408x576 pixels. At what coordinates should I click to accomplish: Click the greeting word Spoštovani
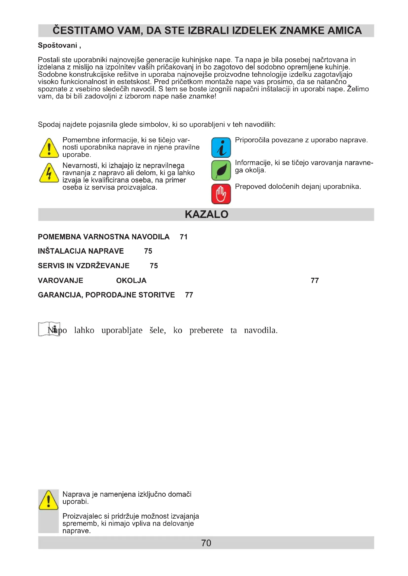pos(57,45)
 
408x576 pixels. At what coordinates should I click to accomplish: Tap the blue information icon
pos(221,148)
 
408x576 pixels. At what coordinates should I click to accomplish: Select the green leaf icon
pos(221,171)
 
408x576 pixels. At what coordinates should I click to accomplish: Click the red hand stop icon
pos(221,194)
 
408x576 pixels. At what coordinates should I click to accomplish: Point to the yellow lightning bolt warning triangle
pos(49,173)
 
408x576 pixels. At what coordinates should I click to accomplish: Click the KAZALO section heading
pos(206,214)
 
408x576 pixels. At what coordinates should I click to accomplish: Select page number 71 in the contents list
pos(184,237)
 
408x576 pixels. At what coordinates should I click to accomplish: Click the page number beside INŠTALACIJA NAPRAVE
pos(148,251)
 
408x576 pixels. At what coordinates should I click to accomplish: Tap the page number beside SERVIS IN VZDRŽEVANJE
pos(154,266)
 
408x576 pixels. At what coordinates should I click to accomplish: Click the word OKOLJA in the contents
pos(131,280)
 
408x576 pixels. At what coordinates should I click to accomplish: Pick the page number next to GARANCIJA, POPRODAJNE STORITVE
pos(189,295)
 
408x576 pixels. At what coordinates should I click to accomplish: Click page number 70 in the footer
pos(206,543)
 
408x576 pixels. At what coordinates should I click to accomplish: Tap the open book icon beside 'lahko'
pos(49,329)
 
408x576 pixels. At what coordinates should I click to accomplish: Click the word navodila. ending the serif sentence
pos(261,330)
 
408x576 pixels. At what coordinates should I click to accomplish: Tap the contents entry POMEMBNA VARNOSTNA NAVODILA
pos(104,237)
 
